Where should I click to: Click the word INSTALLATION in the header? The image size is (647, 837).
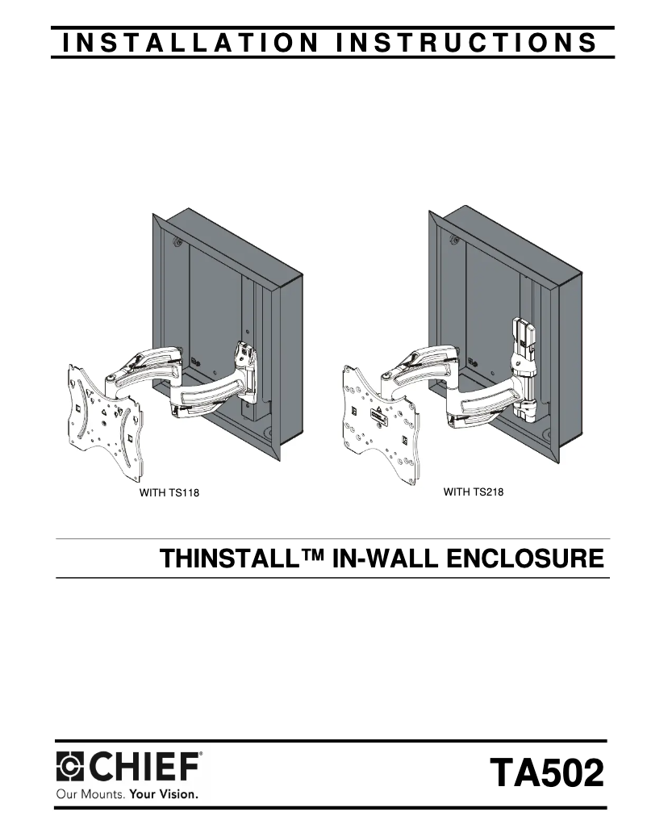click(x=190, y=43)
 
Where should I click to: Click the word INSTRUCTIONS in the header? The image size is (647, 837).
click(x=467, y=43)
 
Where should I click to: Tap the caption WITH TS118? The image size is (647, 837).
click(x=169, y=492)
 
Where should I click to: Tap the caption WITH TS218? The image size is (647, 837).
click(x=473, y=492)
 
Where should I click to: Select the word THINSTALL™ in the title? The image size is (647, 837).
click(x=242, y=559)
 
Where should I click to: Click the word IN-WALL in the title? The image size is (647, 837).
click(x=385, y=559)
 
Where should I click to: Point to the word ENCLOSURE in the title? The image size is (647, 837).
click(x=525, y=559)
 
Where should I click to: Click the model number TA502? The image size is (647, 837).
click(x=547, y=772)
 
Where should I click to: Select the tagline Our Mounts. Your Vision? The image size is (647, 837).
click(x=127, y=794)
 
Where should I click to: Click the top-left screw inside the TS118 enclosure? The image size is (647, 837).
click(x=176, y=241)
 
